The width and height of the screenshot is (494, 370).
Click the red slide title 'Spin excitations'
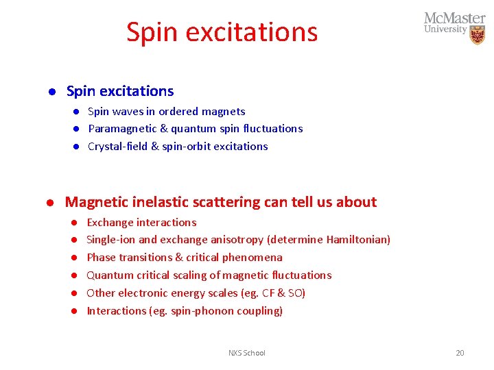tap(222, 32)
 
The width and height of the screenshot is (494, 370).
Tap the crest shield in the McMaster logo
tap(478, 35)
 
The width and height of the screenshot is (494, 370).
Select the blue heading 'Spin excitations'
tap(120, 91)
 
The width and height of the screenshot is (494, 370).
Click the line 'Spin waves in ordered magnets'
tap(166, 111)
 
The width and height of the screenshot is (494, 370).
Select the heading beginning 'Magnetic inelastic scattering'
tap(220, 202)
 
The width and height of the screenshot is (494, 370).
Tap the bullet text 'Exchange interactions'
tap(141, 222)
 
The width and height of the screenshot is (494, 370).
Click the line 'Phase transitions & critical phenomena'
tap(184, 258)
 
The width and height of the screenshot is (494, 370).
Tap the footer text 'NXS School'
tap(246, 353)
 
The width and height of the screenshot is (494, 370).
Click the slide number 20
tap(460, 353)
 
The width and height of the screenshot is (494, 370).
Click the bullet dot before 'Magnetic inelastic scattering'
tap(50, 203)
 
